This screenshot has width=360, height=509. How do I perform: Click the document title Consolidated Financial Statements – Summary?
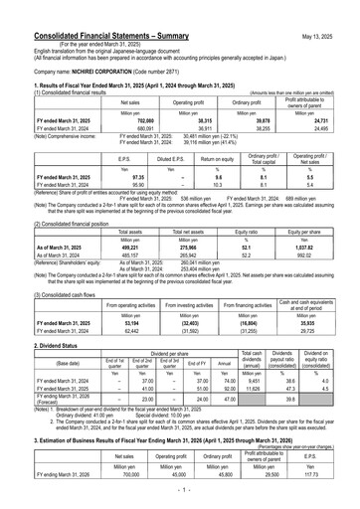pyautogui.click(x=96, y=10)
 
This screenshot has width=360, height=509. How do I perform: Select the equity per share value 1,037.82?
pyautogui.click(x=323, y=244)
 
